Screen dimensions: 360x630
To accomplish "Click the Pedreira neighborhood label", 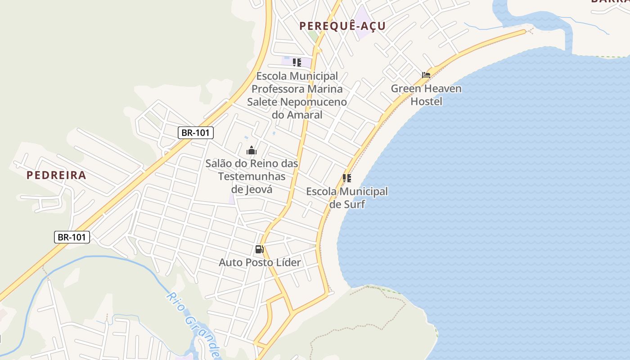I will pyautogui.click(x=56, y=175).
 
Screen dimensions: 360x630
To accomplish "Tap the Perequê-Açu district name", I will pyautogui.click(x=342, y=26).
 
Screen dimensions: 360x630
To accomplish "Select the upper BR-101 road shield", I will pyautogui.click(x=195, y=133).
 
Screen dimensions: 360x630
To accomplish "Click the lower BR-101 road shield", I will pyautogui.click(x=72, y=237).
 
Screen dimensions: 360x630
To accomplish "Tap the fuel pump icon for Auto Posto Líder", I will pyautogui.click(x=259, y=249).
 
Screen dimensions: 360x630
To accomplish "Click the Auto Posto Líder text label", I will pyautogui.click(x=260, y=262).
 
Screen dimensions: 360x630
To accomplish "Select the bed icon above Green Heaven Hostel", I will pyautogui.click(x=426, y=75).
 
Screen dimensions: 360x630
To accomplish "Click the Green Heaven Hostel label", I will pyautogui.click(x=426, y=94).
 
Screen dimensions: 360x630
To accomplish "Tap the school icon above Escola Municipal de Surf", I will pyautogui.click(x=346, y=178).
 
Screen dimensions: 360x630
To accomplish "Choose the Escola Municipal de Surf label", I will pyautogui.click(x=347, y=198).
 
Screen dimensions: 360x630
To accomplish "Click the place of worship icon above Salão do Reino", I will pyautogui.click(x=252, y=150).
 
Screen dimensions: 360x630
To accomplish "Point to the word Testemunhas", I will pyautogui.click(x=252, y=176).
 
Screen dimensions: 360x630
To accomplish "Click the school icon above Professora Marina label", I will pyautogui.click(x=297, y=62).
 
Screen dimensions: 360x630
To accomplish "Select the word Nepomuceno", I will pyautogui.click(x=314, y=102).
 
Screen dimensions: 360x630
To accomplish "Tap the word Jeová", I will pyautogui.click(x=258, y=189).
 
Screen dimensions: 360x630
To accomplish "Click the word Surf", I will pyautogui.click(x=354, y=204).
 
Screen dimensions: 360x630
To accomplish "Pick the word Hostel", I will pyautogui.click(x=427, y=101).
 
